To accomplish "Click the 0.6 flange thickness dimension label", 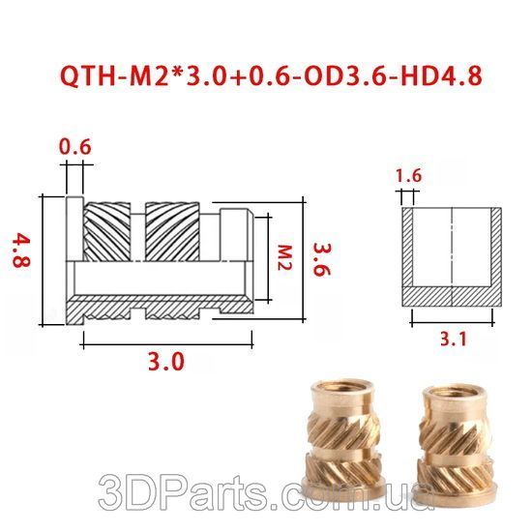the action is [75, 147].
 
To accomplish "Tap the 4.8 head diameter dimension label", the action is [21, 250].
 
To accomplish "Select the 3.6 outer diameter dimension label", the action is [321, 259].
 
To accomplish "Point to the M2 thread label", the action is [284, 257].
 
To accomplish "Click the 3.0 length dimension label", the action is [166, 361].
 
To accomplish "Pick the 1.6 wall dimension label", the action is [408, 175].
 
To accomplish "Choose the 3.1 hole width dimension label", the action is [454, 339].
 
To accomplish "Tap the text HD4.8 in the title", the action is [441, 76].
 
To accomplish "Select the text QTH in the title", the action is [87, 76].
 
